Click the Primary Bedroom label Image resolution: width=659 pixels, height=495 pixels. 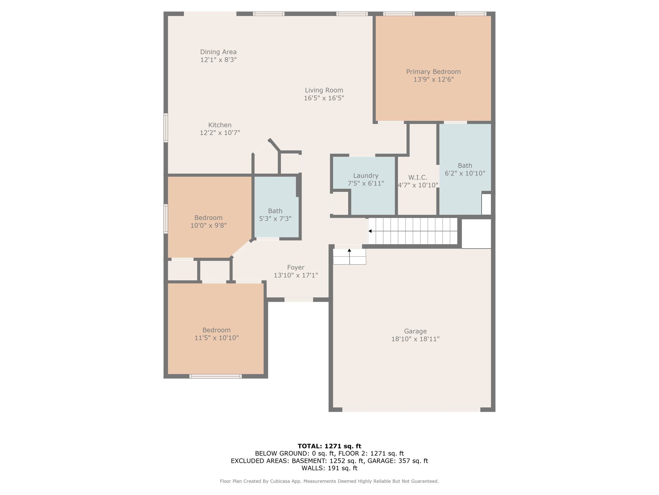[433, 72]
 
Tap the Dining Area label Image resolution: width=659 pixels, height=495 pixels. [218, 52]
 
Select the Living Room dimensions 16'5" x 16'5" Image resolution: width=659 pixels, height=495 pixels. [324, 98]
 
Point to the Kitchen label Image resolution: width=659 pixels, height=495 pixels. [220, 125]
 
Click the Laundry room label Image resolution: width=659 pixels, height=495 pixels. [366, 176]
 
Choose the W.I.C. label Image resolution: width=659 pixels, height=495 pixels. [418, 178]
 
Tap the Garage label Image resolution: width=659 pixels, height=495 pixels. [415, 331]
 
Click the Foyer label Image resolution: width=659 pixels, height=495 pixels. [296, 267]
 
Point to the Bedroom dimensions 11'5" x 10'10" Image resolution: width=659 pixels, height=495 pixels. [216, 338]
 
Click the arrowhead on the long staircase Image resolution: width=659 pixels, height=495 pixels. [370, 231]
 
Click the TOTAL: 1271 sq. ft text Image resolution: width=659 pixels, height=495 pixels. [329, 446]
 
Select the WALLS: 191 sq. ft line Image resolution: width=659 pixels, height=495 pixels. [329, 468]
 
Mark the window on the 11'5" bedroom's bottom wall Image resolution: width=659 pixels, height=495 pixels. [215, 376]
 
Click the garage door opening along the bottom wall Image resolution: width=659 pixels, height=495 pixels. [411, 410]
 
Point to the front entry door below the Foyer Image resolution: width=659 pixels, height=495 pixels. [299, 300]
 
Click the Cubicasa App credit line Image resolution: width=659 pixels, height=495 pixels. [329, 481]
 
